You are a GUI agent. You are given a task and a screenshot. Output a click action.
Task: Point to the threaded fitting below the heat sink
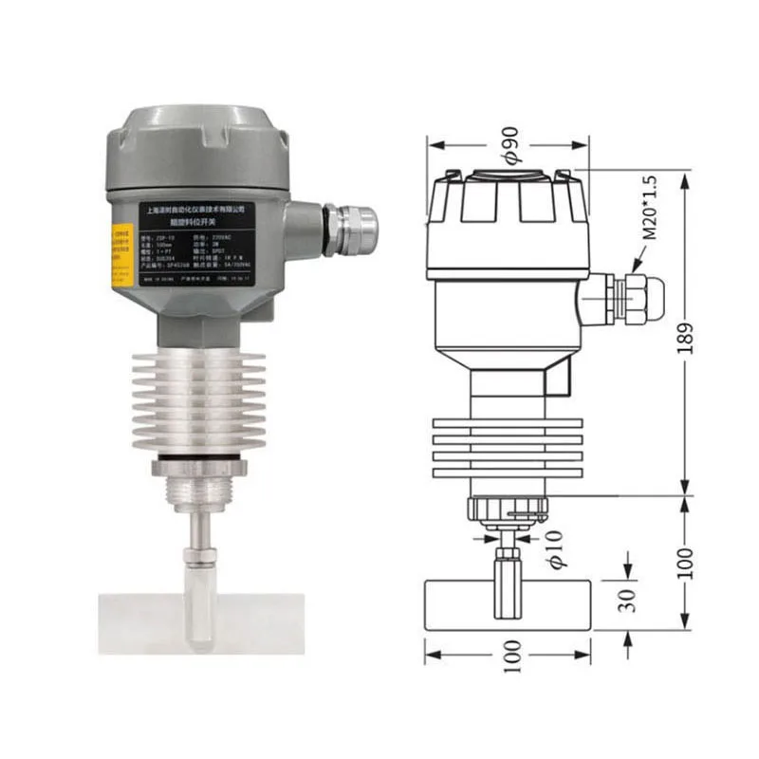pos(200,493)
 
